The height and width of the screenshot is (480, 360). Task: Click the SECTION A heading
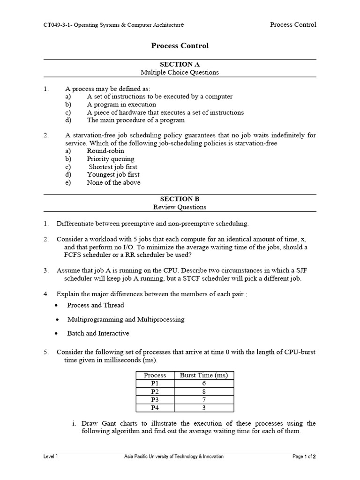[x=180, y=64]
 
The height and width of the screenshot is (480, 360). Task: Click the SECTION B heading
[x=180, y=199]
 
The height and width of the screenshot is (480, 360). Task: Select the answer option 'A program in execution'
[x=121, y=105]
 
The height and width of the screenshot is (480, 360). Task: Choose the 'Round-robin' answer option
[x=106, y=151]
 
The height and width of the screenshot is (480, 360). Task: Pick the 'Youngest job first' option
[x=113, y=175]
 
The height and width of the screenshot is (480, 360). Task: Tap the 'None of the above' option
[x=113, y=183]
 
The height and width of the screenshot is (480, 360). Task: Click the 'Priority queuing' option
[x=110, y=159]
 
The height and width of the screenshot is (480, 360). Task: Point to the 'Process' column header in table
[x=155, y=375]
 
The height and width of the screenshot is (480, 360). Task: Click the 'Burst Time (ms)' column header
[x=203, y=375]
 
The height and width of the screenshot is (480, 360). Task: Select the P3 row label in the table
[x=155, y=399]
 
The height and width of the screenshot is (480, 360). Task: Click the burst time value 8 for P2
[x=204, y=391]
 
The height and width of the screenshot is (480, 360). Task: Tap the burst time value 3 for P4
[x=204, y=407]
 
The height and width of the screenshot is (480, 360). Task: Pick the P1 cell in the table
[x=155, y=383]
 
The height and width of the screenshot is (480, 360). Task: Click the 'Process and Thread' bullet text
[x=96, y=305]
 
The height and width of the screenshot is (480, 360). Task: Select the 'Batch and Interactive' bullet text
[x=98, y=333]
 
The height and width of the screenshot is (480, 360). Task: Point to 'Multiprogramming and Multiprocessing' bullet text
[x=126, y=319]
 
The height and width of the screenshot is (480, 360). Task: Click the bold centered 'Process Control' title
[x=180, y=46]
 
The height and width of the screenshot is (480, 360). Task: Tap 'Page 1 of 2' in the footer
[x=304, y=457]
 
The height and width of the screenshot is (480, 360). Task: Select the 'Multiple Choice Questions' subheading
[x=180, y=72]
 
